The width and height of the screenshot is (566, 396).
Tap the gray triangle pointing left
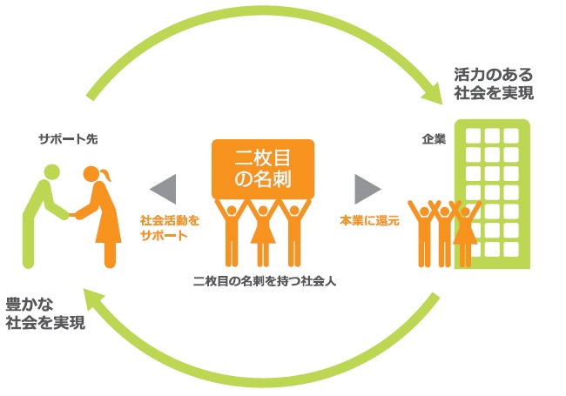(163, 188)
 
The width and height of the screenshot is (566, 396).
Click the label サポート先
(62, 138)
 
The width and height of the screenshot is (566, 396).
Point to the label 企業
(434, 138)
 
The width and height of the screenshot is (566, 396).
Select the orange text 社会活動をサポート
(164, 228)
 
